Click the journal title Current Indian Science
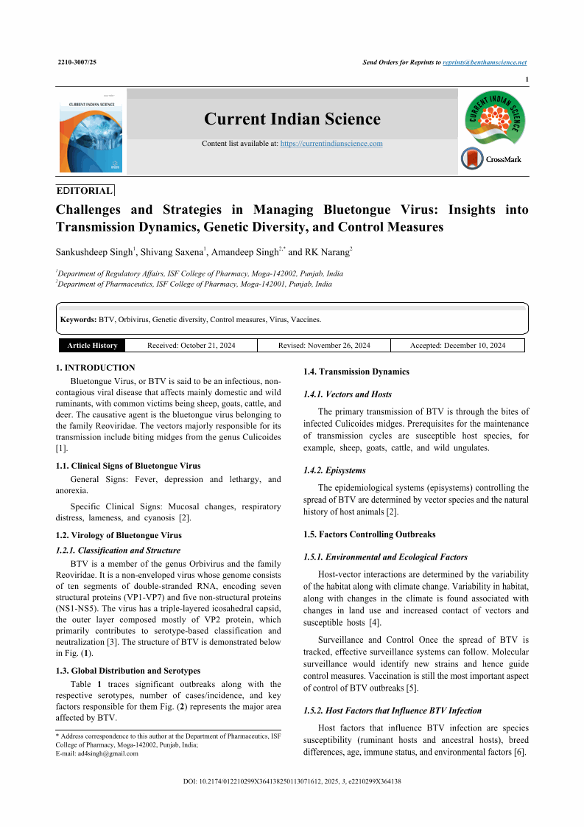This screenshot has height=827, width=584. tap(292, 119)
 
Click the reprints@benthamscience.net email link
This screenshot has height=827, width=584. tap(485, 63)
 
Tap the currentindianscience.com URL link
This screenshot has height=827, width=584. tap(331, 143)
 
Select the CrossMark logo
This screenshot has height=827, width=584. tap(491, 158)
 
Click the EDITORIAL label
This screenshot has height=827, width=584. tap(85, 190)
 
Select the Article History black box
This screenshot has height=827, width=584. tap(92, 346)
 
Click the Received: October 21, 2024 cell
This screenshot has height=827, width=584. tap(191, 346)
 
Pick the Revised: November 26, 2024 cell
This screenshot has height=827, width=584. tap(324, 346)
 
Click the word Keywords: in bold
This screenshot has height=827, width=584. tap(78, 320)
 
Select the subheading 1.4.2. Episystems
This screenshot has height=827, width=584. tap(334, 470)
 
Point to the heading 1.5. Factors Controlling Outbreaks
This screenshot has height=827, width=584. tap(369, 534)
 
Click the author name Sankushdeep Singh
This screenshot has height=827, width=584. tap(94, 252)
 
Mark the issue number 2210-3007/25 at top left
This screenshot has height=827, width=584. tap(77, 63)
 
